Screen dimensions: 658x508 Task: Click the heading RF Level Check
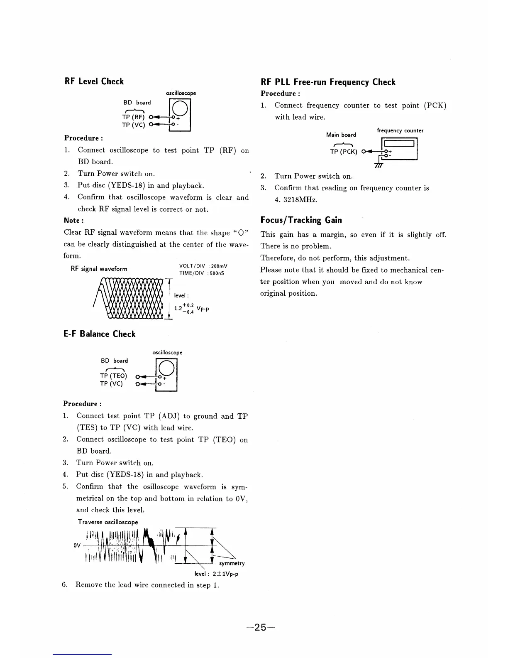pos(94,81)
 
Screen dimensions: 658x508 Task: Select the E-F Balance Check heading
pos(100,334)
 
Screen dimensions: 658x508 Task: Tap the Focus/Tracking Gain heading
pos(301,220)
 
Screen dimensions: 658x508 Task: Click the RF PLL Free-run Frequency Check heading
pos(328,82)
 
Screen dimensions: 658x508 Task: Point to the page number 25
pos(260,627)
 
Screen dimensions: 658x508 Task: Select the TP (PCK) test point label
pos(344,152)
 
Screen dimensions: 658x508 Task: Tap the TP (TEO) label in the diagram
pos(113,376)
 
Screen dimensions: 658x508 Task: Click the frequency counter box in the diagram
pos(400,149)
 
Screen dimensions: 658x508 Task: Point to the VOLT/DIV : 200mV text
pos(203,266)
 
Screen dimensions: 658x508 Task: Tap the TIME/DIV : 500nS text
pos(202,273)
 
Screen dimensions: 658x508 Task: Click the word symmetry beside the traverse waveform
pos(232,563)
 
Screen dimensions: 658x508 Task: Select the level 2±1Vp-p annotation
pos(216,574)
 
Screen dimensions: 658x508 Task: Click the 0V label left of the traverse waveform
pos(77,545)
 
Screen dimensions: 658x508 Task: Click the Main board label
pos(341,135)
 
